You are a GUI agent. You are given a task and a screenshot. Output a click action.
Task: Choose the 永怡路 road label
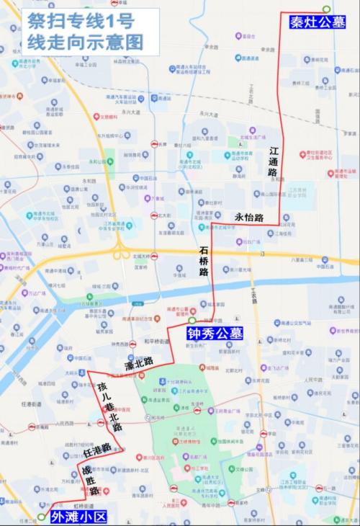(248, 217)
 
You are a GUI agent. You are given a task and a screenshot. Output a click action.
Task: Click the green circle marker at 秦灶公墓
(327, 9)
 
